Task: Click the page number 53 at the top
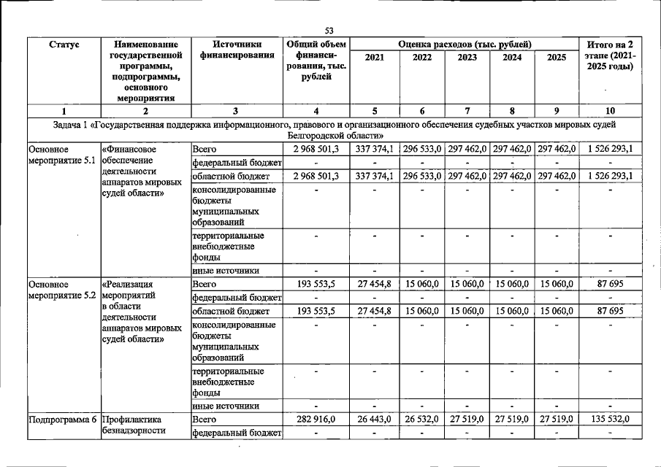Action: pyautogui.click(x=329, y=30)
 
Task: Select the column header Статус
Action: pyautogui.click(x=64, y=45)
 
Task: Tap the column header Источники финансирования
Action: pyautogui.click(x=235, y=50)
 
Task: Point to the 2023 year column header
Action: pyautogui.click(x=467, y=58)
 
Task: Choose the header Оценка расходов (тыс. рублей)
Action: pyautogui.click(x=466, y=45)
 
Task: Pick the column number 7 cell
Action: pyautogui.click(x=467, y=111)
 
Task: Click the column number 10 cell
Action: pyautogui.click(x=610, y=111)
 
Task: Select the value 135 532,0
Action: pyautogui.click(x=610, y=420)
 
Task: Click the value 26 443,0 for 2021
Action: pyautogui.click(x=375, y=420)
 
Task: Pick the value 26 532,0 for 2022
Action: pyautogui.click(x=421, y=420)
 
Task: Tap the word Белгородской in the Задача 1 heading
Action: pyautogui.click(x=317, y=136)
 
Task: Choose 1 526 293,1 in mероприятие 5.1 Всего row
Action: pyautogui.click(x=610, y=149)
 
